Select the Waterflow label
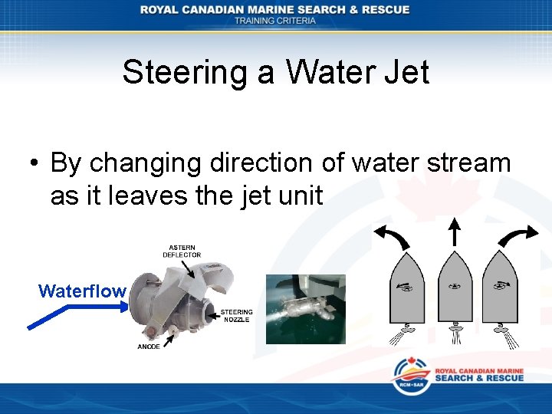point(82,291)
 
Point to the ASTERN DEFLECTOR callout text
point(182,251)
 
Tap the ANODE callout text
point(149,347)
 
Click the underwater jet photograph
point(306,309)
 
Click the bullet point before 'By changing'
point(34,164)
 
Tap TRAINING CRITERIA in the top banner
point(275,21)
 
